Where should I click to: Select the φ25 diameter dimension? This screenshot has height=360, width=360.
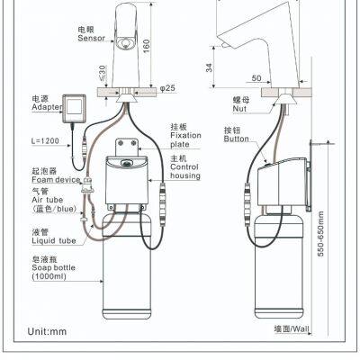coord(167,87)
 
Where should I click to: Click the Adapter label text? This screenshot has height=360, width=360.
coord(45,105)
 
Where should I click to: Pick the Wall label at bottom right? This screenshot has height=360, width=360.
coord(290,330)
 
